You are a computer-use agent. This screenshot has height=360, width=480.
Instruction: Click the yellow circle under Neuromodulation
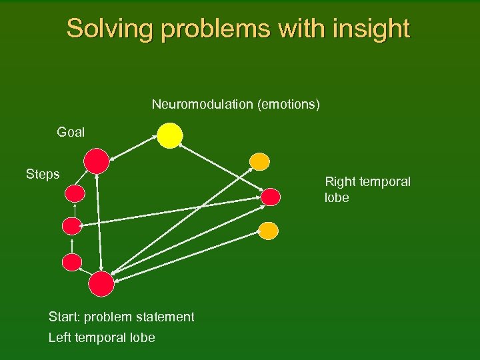[170, 135]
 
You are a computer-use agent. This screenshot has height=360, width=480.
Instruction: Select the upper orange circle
[259, 162]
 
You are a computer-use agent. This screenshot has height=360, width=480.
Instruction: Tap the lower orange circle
[267, 231]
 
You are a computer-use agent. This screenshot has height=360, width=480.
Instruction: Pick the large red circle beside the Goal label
[97, 161]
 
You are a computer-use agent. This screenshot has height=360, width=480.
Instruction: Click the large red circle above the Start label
[101, 283]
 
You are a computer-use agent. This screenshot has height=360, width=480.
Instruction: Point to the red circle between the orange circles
[271, 197]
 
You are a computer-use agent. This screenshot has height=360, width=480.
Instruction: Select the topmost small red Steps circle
[75, 194]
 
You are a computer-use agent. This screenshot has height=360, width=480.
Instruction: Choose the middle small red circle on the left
[71, 226]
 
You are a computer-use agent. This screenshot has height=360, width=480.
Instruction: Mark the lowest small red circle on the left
[72, 262]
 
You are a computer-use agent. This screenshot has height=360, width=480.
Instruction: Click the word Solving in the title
[107, 29]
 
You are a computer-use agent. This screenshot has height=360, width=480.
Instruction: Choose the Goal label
[71, 132]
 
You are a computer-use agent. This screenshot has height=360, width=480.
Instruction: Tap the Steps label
[43, 175]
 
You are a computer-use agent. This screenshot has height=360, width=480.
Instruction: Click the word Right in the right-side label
[340, 181]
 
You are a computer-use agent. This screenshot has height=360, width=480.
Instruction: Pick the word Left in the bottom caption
[60, 338]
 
